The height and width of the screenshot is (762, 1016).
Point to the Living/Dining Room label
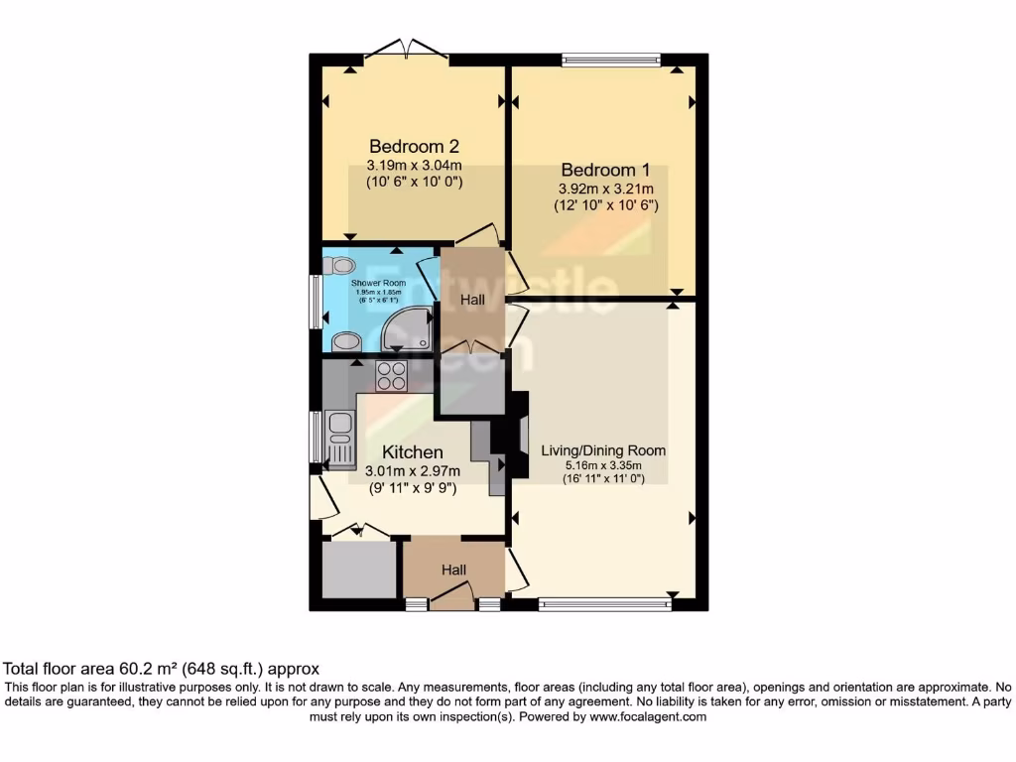(603, 449)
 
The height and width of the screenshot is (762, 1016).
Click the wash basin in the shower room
(346, 340)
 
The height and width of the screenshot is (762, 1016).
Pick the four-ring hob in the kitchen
(391, 375)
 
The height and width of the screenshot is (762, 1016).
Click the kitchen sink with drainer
(339, 438)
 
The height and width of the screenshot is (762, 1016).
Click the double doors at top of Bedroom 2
(406, 50)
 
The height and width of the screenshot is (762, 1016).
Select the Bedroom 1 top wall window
(611, 60)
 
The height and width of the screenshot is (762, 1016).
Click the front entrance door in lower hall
(452, 596)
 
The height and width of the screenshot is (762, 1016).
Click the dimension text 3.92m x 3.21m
(605, 188)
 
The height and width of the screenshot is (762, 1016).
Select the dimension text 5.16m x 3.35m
(603, 465)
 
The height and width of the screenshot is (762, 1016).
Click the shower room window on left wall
(315, 302)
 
